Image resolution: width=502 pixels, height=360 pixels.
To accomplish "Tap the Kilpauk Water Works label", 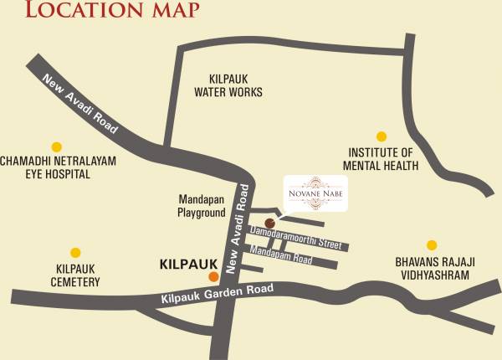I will pos(228,85).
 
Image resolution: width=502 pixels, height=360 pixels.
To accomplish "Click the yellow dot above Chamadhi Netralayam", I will pos(57,146).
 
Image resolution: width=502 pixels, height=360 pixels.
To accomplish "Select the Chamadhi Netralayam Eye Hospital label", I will pos(58,167).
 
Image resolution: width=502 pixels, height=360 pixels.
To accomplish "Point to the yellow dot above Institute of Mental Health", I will pos(382,136).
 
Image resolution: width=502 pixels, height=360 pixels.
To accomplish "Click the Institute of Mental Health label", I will pos(380,159).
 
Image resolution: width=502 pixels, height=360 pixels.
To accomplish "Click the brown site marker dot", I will pos(269,223).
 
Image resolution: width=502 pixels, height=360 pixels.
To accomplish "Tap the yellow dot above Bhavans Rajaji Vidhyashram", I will pos(432,245).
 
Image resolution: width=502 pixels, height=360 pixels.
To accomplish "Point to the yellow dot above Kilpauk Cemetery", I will pos(75,252).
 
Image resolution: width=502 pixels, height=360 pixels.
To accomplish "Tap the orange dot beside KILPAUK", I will pos(213,276).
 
